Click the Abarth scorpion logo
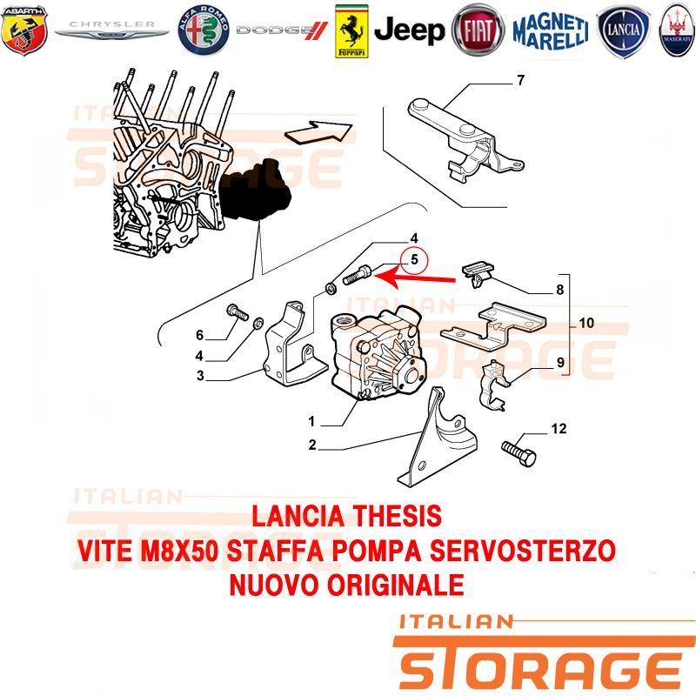pos(24,30)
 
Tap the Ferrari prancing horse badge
pos(351,31)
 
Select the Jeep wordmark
pos(409,30)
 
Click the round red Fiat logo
pos(478,30)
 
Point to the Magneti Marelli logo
pos(551,30)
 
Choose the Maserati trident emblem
pos(678,30)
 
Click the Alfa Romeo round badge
pos(204,30)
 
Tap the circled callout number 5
pos(414,260)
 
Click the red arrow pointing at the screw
pos(415,278)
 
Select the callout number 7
pos(521,80)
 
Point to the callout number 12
pos(559,428)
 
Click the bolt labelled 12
pos(519,453)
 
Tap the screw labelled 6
pos(238,311)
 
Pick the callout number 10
pos(586,323)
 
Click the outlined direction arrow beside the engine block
pos(318,132)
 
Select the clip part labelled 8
pos(478,273)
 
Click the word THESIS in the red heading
pos(397,516)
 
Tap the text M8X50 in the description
pos(178,551)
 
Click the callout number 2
pos(312,445)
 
